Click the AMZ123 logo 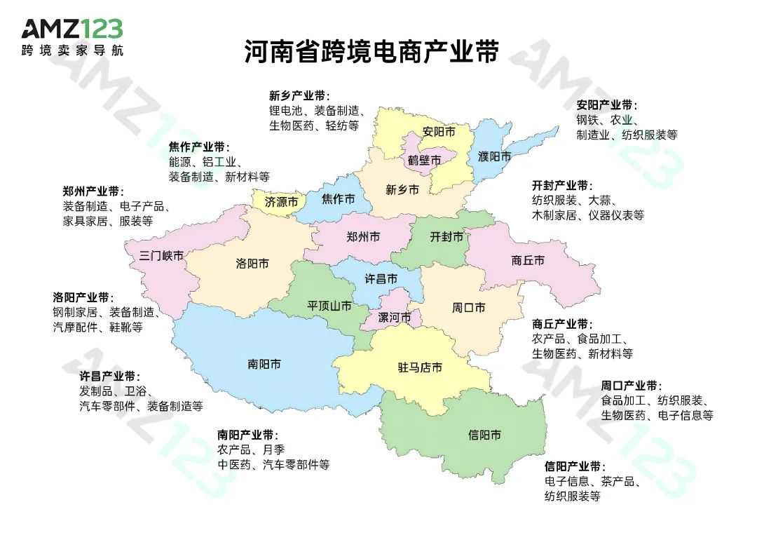coord(72,37)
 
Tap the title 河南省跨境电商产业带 coord(371,52)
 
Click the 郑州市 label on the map coord(363,237)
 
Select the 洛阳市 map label coord(252,264)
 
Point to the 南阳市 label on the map coord(264,364)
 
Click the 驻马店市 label coord(420,367)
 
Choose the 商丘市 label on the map coord(528,260)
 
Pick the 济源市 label coord(282,201)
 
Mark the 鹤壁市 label coord(425,161)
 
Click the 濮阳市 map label coord(494,155)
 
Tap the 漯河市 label coord(395,318)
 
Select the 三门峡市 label coord(161,255)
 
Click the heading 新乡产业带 coord(299,95)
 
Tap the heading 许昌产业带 coord(109,377)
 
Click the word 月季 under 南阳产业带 coord(274,449)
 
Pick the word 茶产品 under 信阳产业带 coord(617,482)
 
